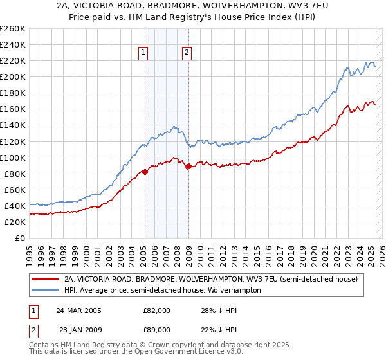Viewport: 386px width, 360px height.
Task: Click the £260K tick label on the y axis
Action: point(13,29)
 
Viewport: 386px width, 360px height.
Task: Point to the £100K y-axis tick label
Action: point(13,157)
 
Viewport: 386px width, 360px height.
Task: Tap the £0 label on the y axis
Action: point(20,238)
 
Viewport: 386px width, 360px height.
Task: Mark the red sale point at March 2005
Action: point(145,172)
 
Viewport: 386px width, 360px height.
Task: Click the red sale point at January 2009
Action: point(188,166)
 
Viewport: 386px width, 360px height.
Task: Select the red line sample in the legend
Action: point(45,279)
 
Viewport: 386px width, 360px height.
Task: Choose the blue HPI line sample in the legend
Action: point(45,290)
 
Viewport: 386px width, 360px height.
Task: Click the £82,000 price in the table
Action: point(156,310)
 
